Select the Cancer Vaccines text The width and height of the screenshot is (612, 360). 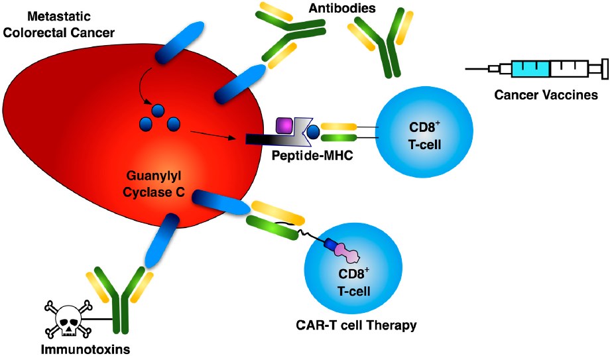[x=546, y=95]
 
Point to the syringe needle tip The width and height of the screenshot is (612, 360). [x=467, y=68]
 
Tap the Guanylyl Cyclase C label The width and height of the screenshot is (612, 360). [x=155, y=185]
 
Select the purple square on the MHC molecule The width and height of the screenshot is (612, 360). [x=284, y=125]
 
